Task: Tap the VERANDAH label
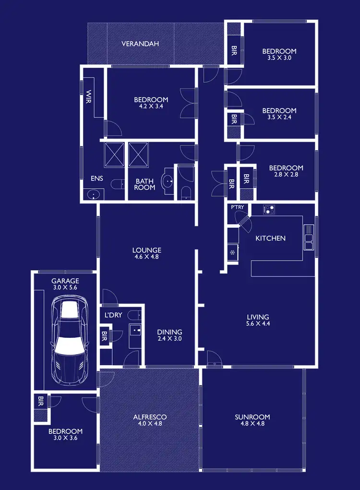tap(140, 44)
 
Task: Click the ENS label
tap(96, 178)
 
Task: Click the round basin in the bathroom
tap(168, 181)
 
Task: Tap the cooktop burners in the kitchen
tap(269, 210)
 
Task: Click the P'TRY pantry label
tap(238, 207)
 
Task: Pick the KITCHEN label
tap(270, 238)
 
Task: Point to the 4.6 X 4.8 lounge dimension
tap(146, 257)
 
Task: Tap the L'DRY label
tap(113, 316)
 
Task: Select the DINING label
tap(169, 332)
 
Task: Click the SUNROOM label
tap(252, 417)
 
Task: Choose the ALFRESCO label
tap(150, 417)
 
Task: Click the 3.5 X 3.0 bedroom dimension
tap(279, 58)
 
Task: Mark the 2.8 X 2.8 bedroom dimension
tap(286, 175)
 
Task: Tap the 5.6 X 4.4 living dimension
tap(258, 323)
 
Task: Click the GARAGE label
tap(65, 281)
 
